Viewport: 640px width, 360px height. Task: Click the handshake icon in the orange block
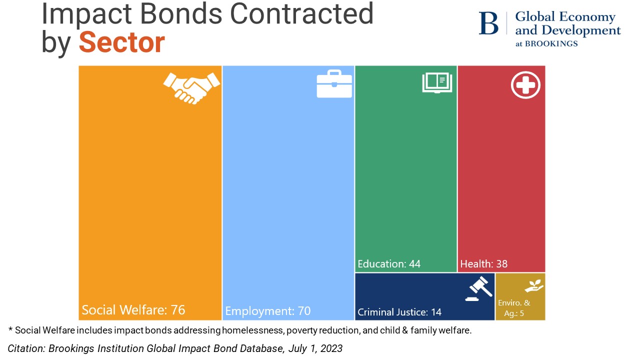(191, 87)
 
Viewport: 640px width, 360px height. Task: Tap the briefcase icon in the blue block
(334, 84)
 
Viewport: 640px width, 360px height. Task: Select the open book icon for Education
(437, 83)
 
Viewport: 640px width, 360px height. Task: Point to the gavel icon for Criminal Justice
(478, 289)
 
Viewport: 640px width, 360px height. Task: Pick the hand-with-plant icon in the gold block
(533, 286)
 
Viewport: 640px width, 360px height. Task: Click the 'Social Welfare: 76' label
(133, 310)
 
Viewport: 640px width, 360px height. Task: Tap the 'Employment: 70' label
(267, 311)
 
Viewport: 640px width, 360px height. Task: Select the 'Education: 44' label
(389, 263)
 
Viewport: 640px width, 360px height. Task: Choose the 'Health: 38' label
(483, 263)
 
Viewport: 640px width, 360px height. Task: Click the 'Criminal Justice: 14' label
(399, 312)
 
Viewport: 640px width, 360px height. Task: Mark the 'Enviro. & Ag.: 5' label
(514, 307)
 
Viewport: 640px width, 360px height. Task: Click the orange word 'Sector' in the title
(121, 42)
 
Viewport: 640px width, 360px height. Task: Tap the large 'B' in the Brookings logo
(488, 23)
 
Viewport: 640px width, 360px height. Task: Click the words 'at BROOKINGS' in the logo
(546, 43)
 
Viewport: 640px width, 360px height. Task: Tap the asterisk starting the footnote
(10, 329)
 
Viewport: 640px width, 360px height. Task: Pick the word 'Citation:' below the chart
(26, 348)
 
